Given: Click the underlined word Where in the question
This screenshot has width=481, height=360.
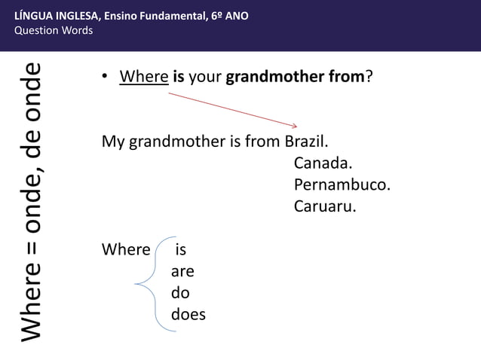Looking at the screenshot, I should (x=143, y=77).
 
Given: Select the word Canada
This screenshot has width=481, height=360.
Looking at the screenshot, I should (x=323, y=163).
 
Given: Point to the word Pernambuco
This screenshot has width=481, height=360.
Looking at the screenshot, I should (x=342, y=185).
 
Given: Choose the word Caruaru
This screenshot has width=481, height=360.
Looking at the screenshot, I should (x=324, y=206).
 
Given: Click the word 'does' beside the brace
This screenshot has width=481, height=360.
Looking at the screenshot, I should (x=188, y=315).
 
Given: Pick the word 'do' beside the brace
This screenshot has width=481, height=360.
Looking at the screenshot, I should (x=180, y=293).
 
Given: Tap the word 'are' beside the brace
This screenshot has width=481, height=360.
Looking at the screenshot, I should (x=182, y=271).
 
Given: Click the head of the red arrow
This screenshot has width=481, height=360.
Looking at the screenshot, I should (x=295, y=125).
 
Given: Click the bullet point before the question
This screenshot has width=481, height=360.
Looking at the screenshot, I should (x=106, y=78).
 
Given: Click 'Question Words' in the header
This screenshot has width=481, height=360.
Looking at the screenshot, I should (x=54, y=30).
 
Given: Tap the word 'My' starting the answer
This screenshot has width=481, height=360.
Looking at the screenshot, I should (x=113, y=142).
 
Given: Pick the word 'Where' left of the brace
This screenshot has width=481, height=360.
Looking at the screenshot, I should (x=126, y=249).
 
